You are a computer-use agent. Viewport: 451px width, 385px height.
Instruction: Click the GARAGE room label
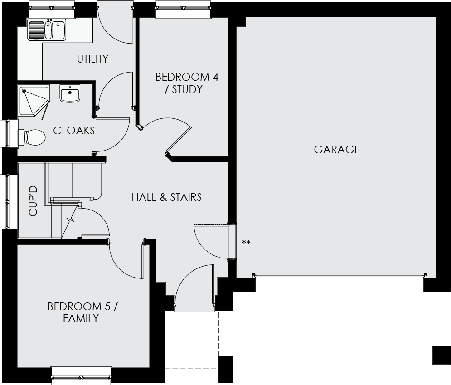(337, 150)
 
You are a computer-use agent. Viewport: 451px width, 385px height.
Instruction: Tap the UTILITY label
(92, 59)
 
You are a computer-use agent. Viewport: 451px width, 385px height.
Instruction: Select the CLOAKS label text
(74, 131)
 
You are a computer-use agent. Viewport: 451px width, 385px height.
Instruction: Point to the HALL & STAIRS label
(166, 197)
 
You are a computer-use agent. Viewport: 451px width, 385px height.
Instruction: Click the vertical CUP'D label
(33, 201)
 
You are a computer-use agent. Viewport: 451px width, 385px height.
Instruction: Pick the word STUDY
(187, 89)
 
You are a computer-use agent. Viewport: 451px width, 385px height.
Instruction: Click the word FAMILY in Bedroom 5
(81, 318)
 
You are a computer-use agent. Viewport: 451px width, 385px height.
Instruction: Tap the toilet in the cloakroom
(32, 137)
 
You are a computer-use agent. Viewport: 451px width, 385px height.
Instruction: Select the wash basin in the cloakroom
(70, 93)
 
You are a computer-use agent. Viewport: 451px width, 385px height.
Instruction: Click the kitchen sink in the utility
(47, 29)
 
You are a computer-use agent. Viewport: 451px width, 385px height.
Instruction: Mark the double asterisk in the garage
(246, 242)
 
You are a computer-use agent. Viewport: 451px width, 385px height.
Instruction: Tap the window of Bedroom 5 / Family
(82, 375)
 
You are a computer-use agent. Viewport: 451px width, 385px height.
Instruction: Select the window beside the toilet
(9, 133)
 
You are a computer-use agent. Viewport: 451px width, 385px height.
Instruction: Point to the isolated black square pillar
(441, 356)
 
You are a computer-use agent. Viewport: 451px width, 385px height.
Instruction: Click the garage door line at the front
(339, 276)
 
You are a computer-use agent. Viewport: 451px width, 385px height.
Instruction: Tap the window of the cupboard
(9, 201)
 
